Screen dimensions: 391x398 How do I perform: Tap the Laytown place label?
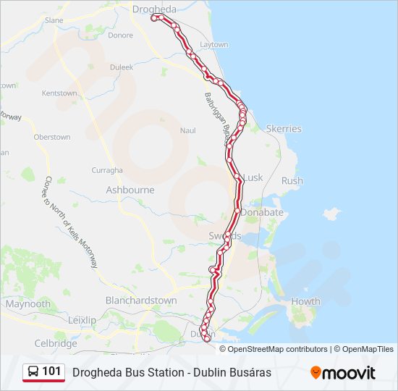[x=213, y=45]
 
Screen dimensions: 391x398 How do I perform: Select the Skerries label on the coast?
[x=284, y=129]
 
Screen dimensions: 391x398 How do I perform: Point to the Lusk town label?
[x=253, y=177]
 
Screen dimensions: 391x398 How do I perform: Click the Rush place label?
[x=292, y=181]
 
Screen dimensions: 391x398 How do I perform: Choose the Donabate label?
[x=262, y=214]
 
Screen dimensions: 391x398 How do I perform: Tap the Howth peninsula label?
[x=305, y=301]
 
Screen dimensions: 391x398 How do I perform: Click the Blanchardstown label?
[x=141, y=300]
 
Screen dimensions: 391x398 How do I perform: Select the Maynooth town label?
[x=28, y=304]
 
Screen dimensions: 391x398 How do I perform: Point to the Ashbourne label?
[x=130, y=190]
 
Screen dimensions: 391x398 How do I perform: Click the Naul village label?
[x=187, y=130]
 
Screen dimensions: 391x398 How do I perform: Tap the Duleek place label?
[x=122, y=67]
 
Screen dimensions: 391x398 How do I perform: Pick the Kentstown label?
[x=59, y=93]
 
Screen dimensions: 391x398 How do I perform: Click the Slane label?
[x=54, y=21]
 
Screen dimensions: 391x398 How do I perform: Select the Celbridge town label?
[x=56, y=343]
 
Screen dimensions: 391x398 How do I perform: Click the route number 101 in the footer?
[x=51, y=371]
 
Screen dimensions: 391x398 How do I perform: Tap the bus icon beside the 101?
[x=33, y=372]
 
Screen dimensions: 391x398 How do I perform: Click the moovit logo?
[x=343, y=373]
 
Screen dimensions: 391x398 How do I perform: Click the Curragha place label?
[x=107, y=170]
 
